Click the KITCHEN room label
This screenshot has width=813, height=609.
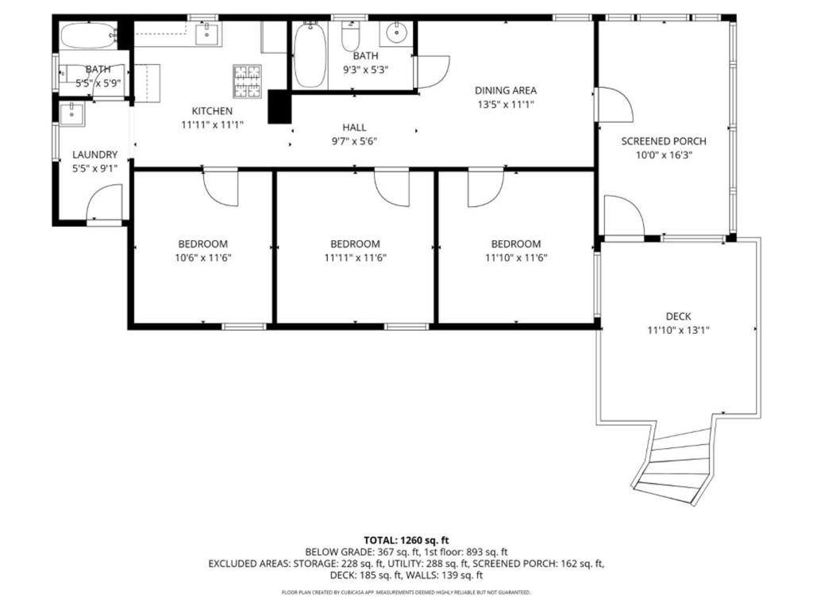pyautogui.click(x=211, y=111)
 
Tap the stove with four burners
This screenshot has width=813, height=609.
pyautogui.click(x=247, y=80)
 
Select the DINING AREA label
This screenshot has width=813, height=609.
pyautogui.click(x=506, y=90)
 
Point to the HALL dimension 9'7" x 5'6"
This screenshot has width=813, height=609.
pyautogui.click(x=354, y=141)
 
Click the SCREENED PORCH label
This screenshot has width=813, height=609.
pyautogui.click(x=663, y=141)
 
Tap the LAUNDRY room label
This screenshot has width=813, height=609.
pyautogui.click(x=94, y=155)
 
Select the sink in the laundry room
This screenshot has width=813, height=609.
pyautogui.click(x=72, y=113)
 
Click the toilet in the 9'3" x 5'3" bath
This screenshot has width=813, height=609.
pyautogui.click(x=350, y=36)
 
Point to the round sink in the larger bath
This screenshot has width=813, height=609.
pyautogui.click(x=395, y=34)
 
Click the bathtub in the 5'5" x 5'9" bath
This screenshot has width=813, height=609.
pyautogui.click(x=87, y=36)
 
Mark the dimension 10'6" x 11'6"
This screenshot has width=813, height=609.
pyautogui.click(x=202, y=258)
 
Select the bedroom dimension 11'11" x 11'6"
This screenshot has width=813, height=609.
pyautogui.click(x=355, y=258)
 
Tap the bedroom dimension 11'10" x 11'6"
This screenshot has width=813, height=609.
pyautogui.click(x=516, y=258)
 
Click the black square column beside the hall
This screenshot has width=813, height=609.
pyautogui.click(x=279, y=106)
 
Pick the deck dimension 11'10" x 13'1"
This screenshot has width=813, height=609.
pyautogui.click(x=678, y=330)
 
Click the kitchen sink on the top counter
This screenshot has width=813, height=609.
pyautogui.click(x=208, y=33)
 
